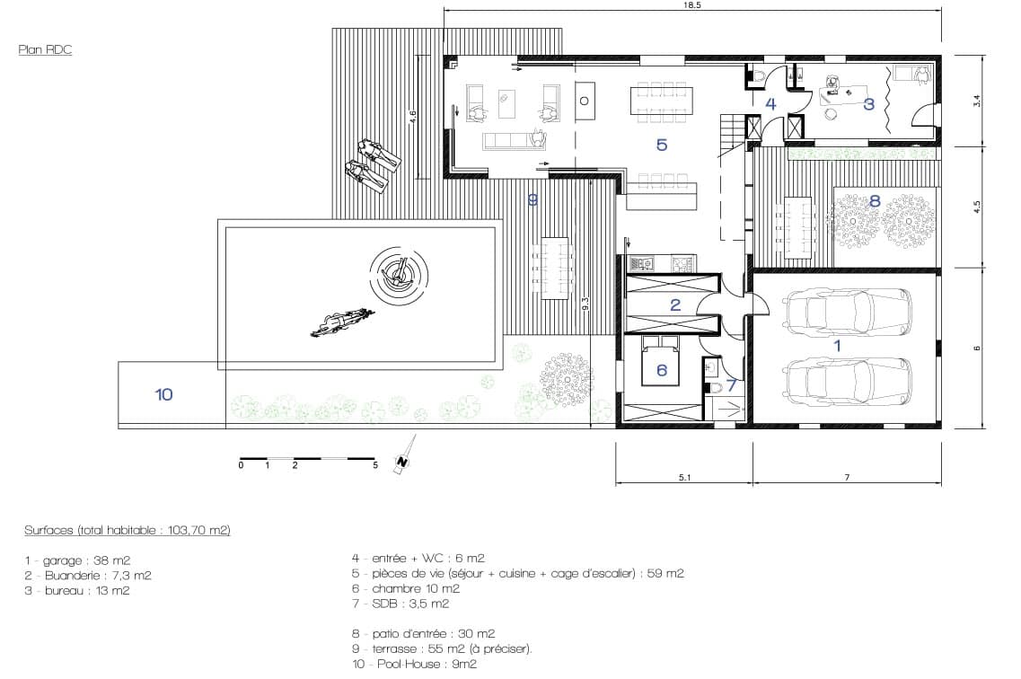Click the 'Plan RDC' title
[45, 49]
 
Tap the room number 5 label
[662, 145]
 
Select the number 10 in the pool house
[163, 394]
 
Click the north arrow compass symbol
[404, 456]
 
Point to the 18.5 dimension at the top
[693, 5]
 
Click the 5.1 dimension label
[684, 477]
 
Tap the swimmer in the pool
[343, 322]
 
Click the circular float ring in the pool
[400, 274]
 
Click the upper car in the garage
[847, 311]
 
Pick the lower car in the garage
[847, 381]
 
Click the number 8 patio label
[875, 201]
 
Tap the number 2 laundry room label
[675, 304]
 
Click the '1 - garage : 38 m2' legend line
[77, 560]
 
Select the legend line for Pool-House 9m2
[415, 664]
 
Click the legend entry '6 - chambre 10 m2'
[406, 588]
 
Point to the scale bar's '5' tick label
[375, 465]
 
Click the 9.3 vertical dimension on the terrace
[585, 304]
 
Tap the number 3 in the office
[868, 103]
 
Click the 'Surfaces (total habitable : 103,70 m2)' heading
[128, 530]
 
